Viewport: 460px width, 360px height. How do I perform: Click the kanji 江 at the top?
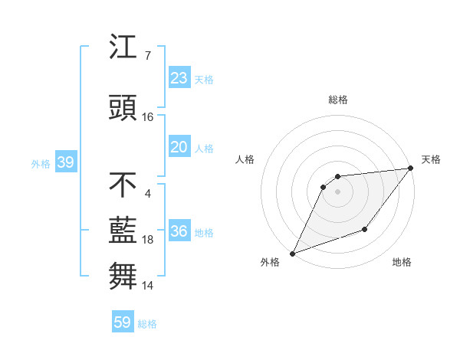click(123, 48)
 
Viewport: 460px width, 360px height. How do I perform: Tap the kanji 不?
click(123, 185)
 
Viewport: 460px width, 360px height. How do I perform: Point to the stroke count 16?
click(147, 117)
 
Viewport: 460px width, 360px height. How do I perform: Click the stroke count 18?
click(147, 240)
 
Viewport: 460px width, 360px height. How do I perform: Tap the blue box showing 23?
click(179, 78)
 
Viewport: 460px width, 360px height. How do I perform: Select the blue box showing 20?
click(179, 148)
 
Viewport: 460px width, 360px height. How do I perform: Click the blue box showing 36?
click(179, 232)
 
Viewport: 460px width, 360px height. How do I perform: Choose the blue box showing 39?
click(65, 163)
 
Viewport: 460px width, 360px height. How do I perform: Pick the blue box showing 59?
click(122, 322)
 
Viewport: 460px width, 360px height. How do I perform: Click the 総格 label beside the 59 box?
click(147, 324)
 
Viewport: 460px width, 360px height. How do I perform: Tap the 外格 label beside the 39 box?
click(41, 164)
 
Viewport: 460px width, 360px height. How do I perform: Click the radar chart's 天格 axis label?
click(431, 159)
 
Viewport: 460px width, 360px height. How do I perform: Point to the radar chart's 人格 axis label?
click(245, 159)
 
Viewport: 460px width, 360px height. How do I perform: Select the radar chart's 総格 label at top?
click(338, 100)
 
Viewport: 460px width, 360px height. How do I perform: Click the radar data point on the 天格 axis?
click(411, 169)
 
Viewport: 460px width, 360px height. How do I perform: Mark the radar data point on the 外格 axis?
click(292, 253)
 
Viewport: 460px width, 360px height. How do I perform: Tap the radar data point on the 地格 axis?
click(365, 229)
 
